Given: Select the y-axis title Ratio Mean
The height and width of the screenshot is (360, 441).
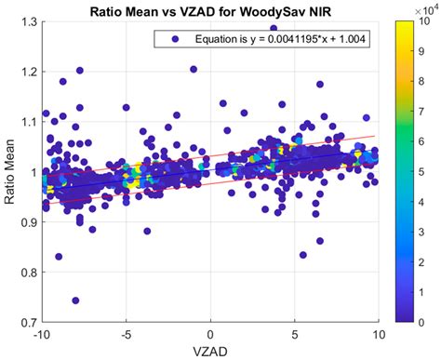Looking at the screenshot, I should coord(10,172).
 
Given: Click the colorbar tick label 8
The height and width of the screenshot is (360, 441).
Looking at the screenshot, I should coord(425,82).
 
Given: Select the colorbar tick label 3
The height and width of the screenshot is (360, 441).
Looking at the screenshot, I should coord(425,232).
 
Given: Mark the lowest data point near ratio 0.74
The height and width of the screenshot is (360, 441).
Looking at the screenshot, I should coord(75,300).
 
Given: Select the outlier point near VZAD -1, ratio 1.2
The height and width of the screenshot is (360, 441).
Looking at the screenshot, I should coord(194,69).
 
